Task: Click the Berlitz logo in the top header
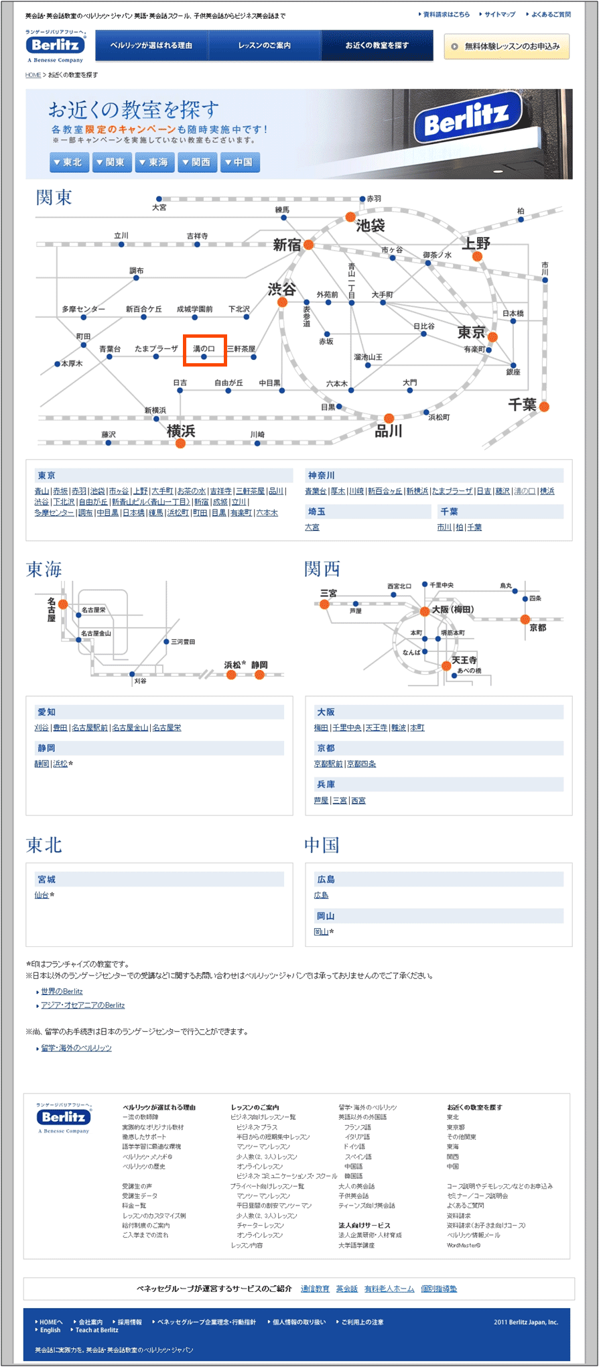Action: point(56,45)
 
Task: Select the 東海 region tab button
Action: point(154,162)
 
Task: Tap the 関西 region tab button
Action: point(197,162)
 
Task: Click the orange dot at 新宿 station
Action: point(308,245)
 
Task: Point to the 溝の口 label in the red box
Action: point(204,349)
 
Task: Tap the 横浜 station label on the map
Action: point(181,431)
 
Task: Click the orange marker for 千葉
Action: point(544,406)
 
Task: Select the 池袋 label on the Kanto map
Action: point(370,226)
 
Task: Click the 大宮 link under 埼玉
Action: point(312,527)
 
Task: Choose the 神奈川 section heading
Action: point(322,476)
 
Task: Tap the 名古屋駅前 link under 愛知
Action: point(89,728)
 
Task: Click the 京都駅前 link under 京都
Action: point(328,764)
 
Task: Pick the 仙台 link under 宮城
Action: point(42,895)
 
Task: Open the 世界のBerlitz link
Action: point(62,991)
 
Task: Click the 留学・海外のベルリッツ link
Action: point(76,1048)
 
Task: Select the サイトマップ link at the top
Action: point(500,14)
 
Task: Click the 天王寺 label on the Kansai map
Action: point(464,660)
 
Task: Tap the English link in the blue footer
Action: point(50,1330)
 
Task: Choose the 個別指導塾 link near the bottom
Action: point(439,1289)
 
